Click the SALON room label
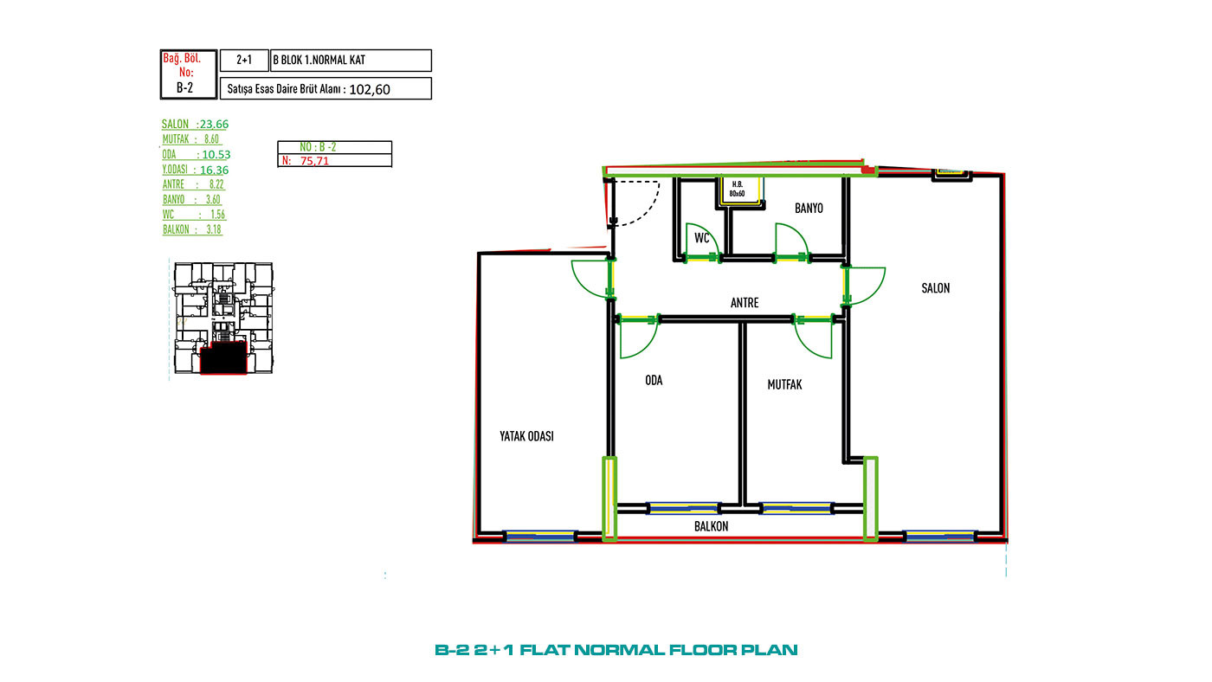tap(936, 288)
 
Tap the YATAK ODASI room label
tap(526, 436)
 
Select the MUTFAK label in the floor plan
tap(784, 384)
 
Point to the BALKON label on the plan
tap(711, 526)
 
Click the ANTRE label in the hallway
tap(745, 303)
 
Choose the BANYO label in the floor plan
tap(809, 209)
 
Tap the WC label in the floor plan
tap(702, 238)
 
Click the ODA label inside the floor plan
tap(654, 380)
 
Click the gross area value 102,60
tap(370, 90)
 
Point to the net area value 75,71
tap(314, 161)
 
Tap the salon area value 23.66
tap(215, 125)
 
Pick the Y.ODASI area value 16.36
tap(215, 170)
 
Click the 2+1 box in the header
tap(244, 60)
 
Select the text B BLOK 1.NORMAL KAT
tap(319, 60)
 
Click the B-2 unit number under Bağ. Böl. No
tap(184, 87)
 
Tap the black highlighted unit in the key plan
tap(223, 357)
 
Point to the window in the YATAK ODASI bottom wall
tap(540, 536)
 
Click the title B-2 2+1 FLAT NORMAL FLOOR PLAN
tap(616, 650)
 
